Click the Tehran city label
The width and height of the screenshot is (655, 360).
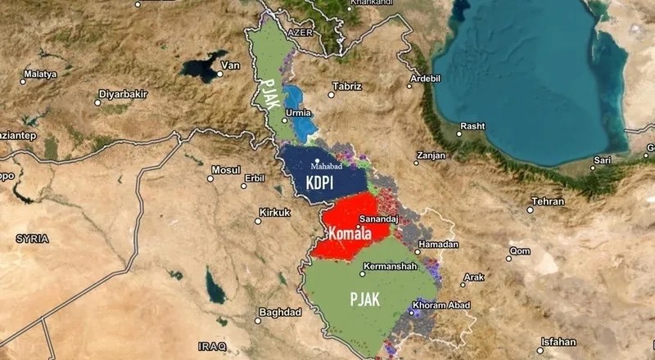[x=548, y=200]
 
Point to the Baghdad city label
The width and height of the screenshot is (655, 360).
[x=280, y=312]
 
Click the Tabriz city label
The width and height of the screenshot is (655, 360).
[x=346, y=86]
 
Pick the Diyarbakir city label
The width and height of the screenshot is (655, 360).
[x=123, y=94]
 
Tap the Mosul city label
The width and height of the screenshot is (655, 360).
[x=226, y=170]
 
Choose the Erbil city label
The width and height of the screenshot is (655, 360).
[x=255, y=178]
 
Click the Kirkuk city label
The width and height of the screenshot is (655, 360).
[x=274, y=213]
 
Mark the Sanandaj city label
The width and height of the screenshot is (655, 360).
[x=379, y=219]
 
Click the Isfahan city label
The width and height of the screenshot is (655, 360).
[x=558, y=341]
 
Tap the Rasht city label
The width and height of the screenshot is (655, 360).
[x=472, y=126]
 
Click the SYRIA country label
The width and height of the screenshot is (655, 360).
[x=32, y=238]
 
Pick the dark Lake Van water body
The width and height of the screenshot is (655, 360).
[x=202, y=66]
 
